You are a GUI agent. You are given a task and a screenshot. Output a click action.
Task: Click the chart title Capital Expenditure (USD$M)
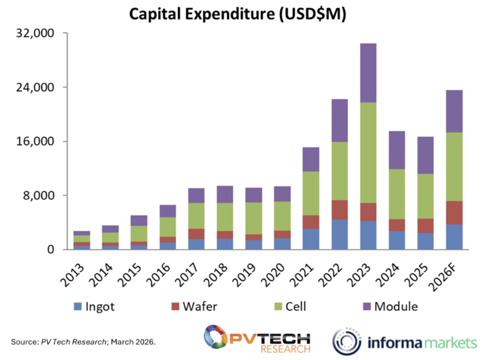tap(238, 14)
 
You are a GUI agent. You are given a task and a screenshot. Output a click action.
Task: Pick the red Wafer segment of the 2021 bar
tap(311, 222)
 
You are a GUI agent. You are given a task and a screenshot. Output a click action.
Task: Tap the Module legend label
tap(396, 306)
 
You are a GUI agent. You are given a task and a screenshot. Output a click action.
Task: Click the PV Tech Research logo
tap(257, 340)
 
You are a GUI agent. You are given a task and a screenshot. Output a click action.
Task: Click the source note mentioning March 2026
tap(83, 342)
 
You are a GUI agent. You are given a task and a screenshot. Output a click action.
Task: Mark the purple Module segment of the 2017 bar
tap(196, 196)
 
